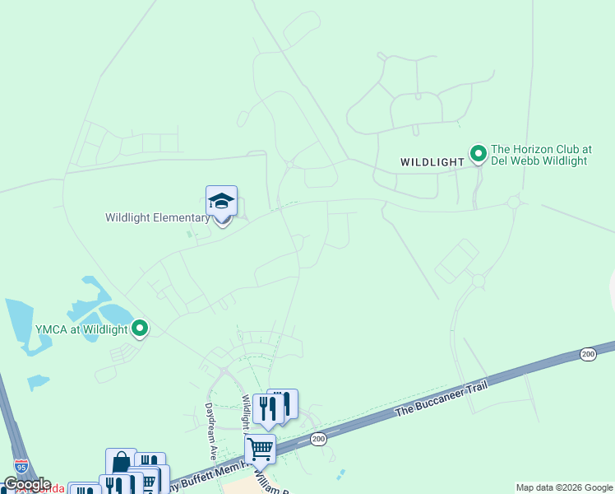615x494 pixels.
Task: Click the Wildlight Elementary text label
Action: click(x=157, y=218)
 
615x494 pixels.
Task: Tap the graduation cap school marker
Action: click(x=221, y=202)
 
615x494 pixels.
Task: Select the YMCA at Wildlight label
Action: click(x=81, y=329)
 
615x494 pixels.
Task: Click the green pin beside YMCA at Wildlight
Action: click(x=140, y=329)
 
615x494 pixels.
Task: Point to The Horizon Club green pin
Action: click(x=478, y=153)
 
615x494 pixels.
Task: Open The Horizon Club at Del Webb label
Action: click(x=540, y=156)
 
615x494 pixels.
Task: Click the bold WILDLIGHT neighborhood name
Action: click(x=432, y=162)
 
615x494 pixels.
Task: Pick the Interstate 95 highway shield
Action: click(x=21, y=466)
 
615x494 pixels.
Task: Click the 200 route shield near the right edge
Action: click(x=587, y=354)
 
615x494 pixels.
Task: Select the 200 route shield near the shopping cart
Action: click(x=319, y=440)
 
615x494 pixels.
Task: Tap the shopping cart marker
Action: click(x=260, y=450)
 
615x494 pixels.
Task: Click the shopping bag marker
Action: click(x=121, y=464)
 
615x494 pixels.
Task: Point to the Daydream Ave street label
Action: click(x=210, y=431)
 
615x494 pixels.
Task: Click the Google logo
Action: click(x=26, y=484)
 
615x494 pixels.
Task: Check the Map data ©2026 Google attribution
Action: click(x=564, y=487)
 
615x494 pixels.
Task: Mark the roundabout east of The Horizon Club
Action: click(x=515, y=202)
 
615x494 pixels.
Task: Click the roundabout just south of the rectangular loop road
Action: click(x=478, y=282)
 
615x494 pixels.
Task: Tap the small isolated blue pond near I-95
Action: click(x=38, y=382)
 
